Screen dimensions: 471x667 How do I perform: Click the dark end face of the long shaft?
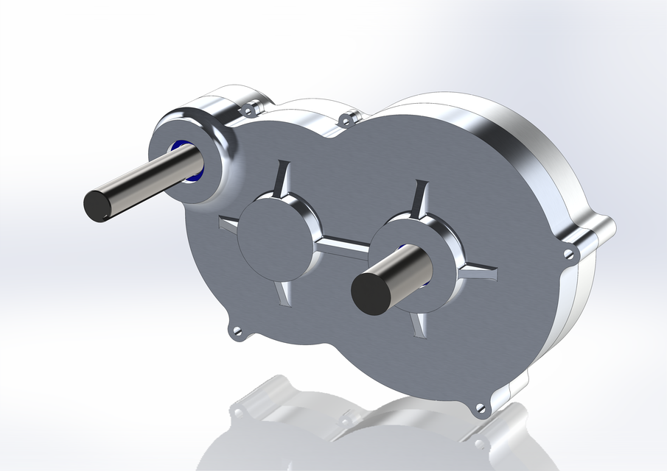point(97,205)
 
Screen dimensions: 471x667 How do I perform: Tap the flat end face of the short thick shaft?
point(371,292)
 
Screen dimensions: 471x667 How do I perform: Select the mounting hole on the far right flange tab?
point(568,254)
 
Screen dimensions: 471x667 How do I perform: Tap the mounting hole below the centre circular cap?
point(237,332)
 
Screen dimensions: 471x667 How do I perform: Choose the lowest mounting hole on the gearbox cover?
point(481,408)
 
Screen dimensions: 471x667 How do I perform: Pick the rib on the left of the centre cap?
point(228,225)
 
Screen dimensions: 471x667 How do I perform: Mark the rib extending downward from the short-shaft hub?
point(419,323)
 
